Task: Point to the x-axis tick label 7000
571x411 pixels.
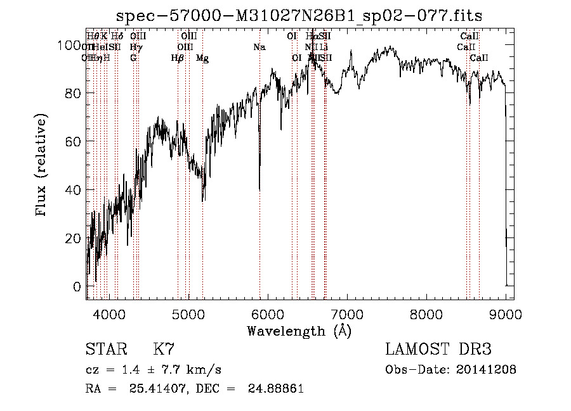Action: click(x=347, y=313)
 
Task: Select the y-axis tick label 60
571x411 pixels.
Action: click(x=74, y=141)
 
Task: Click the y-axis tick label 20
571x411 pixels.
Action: click(x=74, y=238)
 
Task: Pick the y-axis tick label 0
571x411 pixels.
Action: click(x=77, y=286)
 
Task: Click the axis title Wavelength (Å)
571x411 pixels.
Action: click(x=299, y=331)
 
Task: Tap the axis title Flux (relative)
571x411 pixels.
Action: click(x=42, y=166)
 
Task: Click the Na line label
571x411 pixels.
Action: click(x=259, y=47)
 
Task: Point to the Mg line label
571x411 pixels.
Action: click(x=202, y=58)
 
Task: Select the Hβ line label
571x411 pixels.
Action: click(x=178, y=58)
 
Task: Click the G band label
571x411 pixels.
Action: click(x=133, y=58)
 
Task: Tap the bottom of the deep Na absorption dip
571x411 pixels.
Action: click(x=259, y=189)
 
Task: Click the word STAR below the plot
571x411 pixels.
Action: click(x=105, y=350)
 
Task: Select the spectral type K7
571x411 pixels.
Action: click(x=163, y=350)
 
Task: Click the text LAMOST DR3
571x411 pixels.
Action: click(x=438, y=350)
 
